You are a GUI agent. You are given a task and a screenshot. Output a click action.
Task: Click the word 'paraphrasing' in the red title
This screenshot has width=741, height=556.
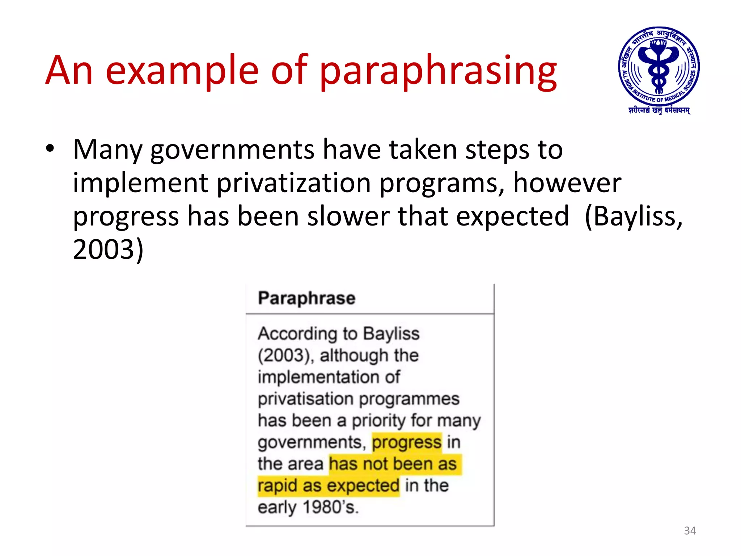tap(438, 71)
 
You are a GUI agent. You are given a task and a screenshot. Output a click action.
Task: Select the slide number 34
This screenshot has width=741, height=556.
tap(690, 531)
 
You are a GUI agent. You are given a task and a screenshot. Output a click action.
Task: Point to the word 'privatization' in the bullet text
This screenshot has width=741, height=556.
tap(294, 183)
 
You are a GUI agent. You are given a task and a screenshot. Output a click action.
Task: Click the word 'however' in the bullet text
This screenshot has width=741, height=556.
tap(567, 183)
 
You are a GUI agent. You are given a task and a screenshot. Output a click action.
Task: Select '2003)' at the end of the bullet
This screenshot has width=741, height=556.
tap(108, 250)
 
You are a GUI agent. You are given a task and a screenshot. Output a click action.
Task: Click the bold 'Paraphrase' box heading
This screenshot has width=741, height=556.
tap(307, 298)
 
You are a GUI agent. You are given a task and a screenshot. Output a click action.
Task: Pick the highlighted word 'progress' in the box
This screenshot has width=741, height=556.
tap(407, 442)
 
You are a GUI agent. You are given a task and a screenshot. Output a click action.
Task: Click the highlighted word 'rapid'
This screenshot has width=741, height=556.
tap(277, 486)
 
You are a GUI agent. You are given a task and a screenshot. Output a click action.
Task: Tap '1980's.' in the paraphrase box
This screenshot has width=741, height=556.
tap(330, 507)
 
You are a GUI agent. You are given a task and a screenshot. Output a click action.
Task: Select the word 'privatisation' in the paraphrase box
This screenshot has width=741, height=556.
tap(304, 399)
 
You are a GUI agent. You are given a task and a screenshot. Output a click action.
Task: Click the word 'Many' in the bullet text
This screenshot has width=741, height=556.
tap(108, 150)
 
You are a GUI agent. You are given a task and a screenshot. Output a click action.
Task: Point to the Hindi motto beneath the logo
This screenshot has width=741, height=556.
tap(659, 110)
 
